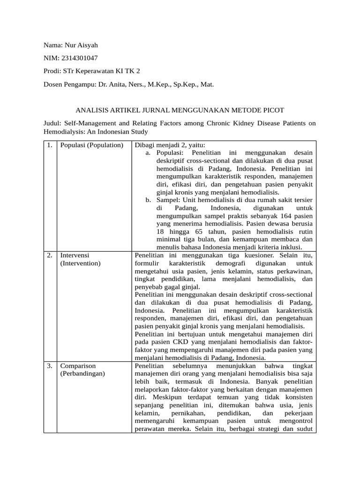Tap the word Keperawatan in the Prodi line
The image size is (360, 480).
pos(94,71)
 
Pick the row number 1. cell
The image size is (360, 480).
pos(50,145)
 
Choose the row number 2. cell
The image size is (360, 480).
pos(50,255)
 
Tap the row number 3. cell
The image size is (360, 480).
pos(50,365)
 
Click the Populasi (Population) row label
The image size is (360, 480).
pos(91,145)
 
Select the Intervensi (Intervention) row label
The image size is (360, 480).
pos(80,259)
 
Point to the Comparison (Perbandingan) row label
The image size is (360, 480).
pos(82,369)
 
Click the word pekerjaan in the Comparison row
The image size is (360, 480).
pos(298,413)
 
